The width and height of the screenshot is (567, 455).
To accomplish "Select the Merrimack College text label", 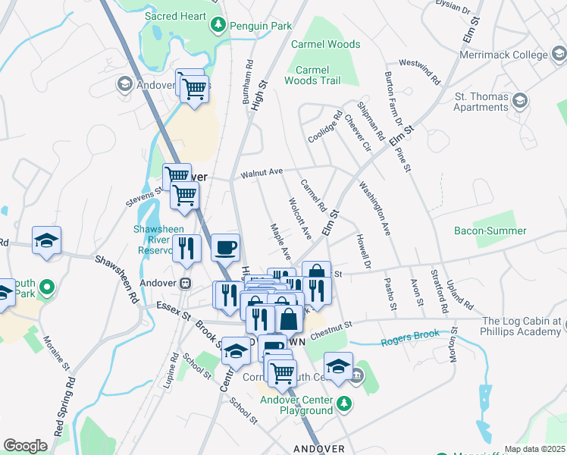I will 503,55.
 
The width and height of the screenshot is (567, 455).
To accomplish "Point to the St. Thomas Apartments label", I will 481,102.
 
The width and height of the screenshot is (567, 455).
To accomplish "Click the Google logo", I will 25,446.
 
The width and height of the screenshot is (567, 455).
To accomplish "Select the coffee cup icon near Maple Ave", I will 225,247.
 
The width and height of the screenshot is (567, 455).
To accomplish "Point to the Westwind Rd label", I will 419,70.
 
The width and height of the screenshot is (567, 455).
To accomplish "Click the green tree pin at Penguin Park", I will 219,25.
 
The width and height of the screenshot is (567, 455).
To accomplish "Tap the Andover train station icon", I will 184,282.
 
